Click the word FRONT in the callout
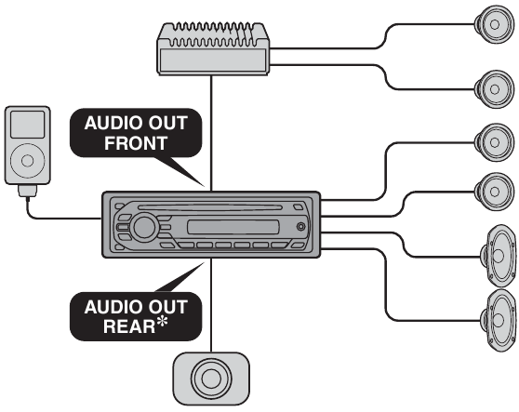click(x=136, y=143)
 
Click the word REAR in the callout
click(x=129, y=326)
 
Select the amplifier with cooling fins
click(x=213, y=48)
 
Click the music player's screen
click(x=27, y=125)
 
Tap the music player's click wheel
click(x=28, y=161)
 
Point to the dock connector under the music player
click(x=28, y=191)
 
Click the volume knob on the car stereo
click(x=144, y=227)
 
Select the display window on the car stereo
click(x=233, y=227)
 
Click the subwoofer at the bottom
click(x=211, y=379)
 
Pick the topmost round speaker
click(x=494, y=24)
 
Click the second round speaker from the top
click(x=494, y=89)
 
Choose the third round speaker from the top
click(x=494, y=142)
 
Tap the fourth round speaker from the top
click(x=494, y=192)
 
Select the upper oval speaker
click(x=499, y=256)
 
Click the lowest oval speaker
click(x=499, y=320)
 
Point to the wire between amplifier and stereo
click(x=211, y=133)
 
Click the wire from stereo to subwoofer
click(x=211, y=305)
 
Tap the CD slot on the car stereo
click(x=210, y=207)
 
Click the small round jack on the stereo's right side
click(x=300, y=227)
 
